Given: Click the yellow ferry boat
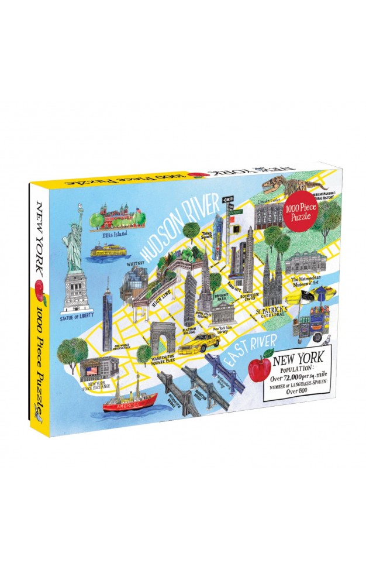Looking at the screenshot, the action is (111, 250).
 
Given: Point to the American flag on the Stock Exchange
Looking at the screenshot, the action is (91, 372).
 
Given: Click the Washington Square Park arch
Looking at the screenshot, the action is (163, 338).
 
